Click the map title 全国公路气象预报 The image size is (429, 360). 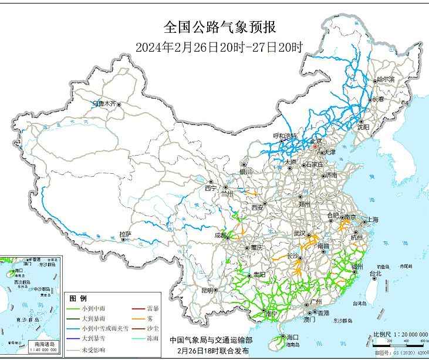218,28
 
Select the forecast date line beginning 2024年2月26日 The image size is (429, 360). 218,48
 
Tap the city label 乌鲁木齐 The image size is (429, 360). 104,104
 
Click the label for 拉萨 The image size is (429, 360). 124,234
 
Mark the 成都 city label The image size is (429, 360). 220,235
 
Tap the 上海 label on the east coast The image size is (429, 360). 371,220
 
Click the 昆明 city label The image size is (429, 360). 207,290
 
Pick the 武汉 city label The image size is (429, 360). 300,234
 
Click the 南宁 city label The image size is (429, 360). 271,314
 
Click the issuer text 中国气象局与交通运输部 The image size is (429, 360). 211,339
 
